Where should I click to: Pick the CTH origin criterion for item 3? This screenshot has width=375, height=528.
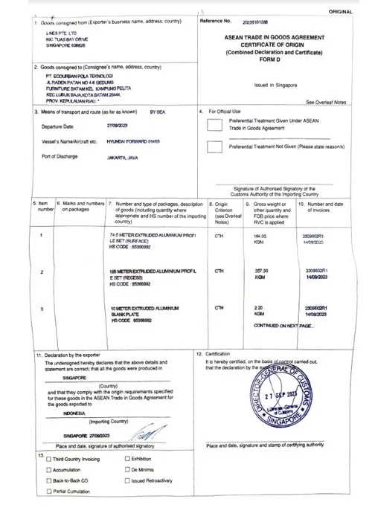pyautogui.click(x=219, y=307)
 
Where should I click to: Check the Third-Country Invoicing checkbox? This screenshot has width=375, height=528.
pyautogui.click(x=49, y=460)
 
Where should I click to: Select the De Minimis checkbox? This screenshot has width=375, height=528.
pyautogui.click(x=126, y=471)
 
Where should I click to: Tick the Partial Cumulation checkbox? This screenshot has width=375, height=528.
pyautogui.click(x=49, y=492)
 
